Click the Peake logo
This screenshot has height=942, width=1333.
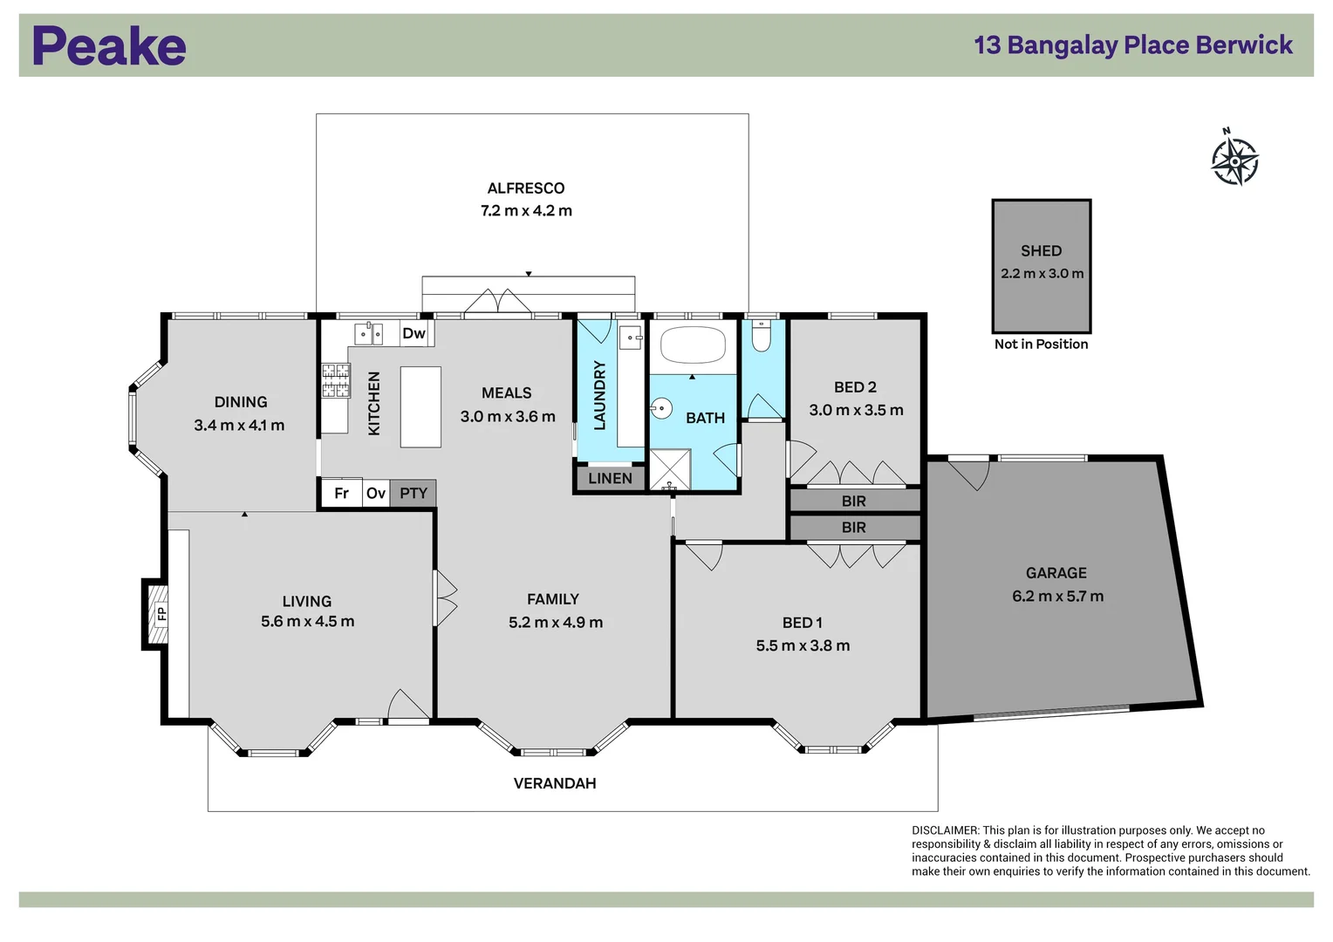coord(110,45)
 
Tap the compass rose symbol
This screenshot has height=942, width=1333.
coord(1234,159)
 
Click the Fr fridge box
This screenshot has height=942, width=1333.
coord(342,494)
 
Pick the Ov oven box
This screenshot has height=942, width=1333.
coord(376,494)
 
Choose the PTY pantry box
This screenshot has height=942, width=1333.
coord(414,494)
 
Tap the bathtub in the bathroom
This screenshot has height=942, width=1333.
coord(693,345)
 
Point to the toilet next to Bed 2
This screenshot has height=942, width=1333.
coord(761,336)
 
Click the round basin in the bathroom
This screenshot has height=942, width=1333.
coord(661,408)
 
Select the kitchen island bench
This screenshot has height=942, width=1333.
coord(420,407)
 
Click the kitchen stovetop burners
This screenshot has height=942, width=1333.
coord(336,380)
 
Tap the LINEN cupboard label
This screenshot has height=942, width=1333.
coord(610,479)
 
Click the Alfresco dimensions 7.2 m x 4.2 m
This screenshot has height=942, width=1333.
coord(526,211)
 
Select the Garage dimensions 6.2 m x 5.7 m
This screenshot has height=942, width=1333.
coord(1057,597)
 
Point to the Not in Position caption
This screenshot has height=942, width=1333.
coord(1041,344)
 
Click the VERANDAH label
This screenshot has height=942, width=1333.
coord(555,784)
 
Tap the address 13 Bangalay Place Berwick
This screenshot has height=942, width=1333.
coord(1133,45)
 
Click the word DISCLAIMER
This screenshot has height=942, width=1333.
coord(945,830)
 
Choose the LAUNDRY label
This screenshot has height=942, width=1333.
coord(600,395)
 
